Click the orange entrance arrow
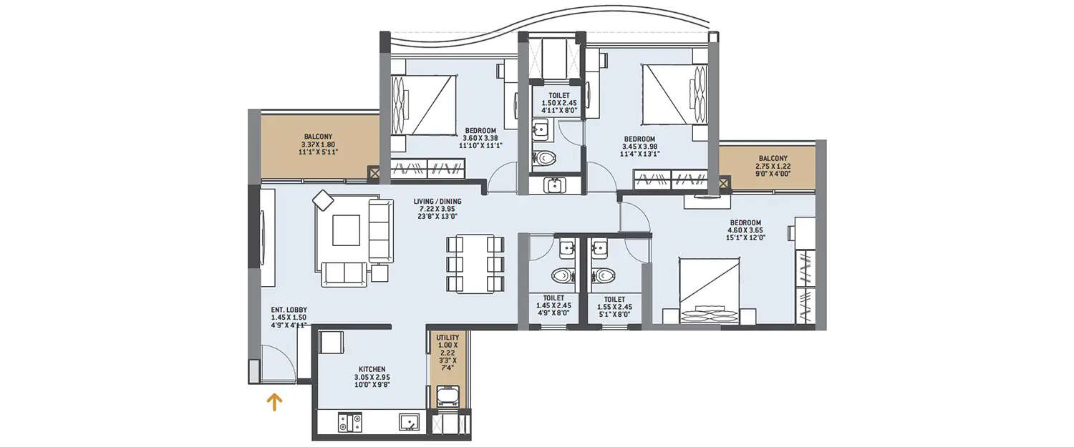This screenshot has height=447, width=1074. tap(274, 403)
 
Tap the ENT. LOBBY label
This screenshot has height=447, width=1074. tap(289, 318)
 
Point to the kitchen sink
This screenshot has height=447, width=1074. tap(409, 422)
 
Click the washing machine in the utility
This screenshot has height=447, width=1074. tap(447, 396)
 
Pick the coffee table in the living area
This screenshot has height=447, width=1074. tap(346, 230)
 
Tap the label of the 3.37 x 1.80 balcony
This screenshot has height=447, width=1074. tap(318, 144)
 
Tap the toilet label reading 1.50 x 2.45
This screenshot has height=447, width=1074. tap(559, 103)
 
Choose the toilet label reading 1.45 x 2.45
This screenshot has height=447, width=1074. tap(553, 306)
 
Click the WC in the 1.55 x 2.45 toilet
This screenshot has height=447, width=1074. tap(604, 275)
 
